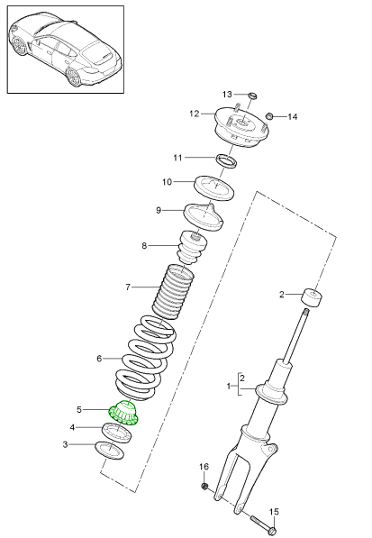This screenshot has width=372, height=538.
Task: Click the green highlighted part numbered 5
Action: (124, 415)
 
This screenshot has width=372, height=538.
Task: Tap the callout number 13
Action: (227, 94)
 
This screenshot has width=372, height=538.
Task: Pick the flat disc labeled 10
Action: (216, 188)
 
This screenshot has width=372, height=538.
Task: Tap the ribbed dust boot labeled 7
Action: (175, 291)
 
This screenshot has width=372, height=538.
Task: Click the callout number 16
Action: (204, 467)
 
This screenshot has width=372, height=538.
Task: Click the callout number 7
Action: (128, 287)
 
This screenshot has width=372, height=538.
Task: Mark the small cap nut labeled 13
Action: (252, 96)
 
